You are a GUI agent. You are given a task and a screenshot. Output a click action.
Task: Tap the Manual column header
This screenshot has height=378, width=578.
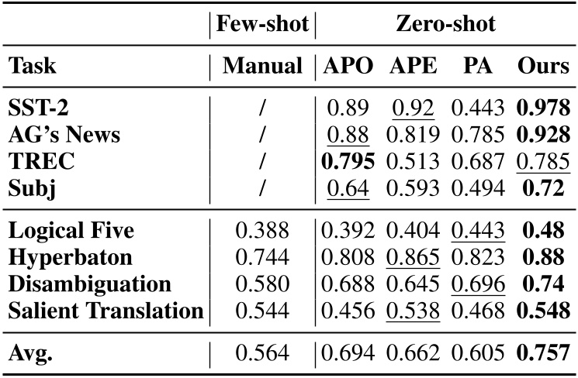point(262,67)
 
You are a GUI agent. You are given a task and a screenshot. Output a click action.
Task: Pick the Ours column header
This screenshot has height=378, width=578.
point(544,67)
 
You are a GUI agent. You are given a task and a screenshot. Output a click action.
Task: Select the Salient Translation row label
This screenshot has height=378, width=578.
point(106,311)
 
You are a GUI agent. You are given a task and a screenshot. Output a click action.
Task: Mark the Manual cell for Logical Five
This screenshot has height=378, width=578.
point(262,231)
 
